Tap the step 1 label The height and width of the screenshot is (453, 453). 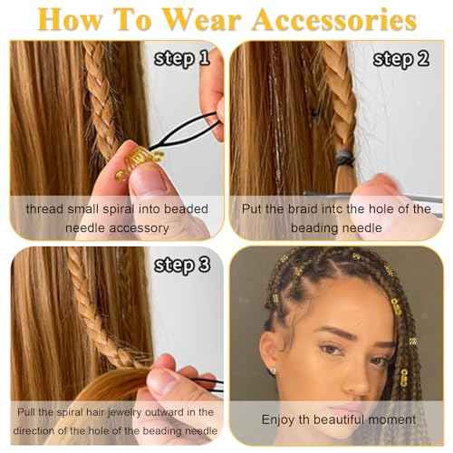click(182, 61)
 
